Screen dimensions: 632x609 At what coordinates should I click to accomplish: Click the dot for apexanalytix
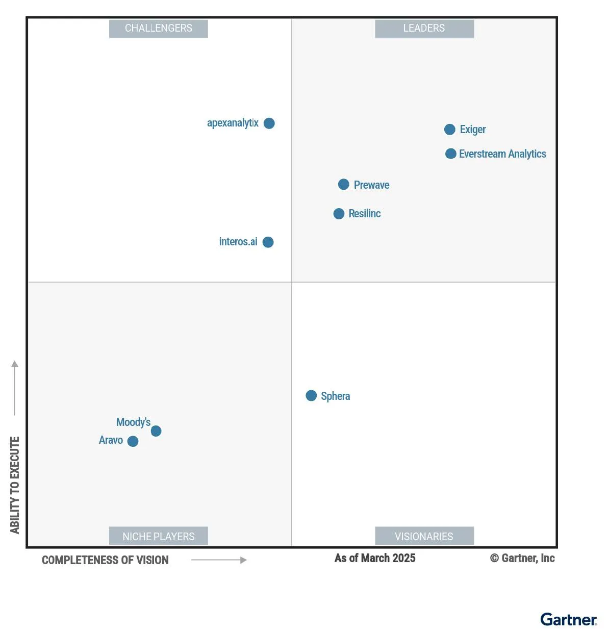tap(269, 123)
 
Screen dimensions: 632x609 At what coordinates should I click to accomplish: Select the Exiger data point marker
tap(449, 130)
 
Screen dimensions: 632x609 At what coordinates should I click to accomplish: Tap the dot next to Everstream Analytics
tap(450, 154)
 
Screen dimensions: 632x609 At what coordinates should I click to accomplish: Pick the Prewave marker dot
tap(344, 184)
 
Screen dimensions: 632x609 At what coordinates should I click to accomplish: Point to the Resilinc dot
tap(339, 214)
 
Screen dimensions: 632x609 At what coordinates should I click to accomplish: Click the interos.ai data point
tap(268, 242)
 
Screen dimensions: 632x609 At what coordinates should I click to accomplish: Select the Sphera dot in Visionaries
tap(311, 396)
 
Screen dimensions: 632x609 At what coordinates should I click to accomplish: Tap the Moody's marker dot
tap(156, 431)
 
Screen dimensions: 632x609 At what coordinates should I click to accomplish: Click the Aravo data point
tap(133, 441)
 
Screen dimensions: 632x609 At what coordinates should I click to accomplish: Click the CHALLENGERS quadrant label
tap(159, 29)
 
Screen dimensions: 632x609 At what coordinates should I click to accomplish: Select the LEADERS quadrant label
tap(424, 29)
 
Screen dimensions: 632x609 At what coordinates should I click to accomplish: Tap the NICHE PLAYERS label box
tap(159, 536)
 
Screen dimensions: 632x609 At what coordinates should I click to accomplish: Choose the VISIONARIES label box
tap(424, 536)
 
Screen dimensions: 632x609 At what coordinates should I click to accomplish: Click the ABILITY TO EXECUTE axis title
tap(15, 485)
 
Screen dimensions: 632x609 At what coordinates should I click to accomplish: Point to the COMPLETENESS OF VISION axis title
tap(105, 560)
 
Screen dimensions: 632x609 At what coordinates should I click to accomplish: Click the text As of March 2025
tap(375, 558)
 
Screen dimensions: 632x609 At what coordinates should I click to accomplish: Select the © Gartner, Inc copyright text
tap(522, 558)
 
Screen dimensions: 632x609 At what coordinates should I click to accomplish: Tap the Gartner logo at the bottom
tap(568, 620)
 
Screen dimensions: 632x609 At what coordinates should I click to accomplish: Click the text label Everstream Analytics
tap(502, 154)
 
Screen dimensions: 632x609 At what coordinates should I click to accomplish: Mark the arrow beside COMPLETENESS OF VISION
tap(219, 560)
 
